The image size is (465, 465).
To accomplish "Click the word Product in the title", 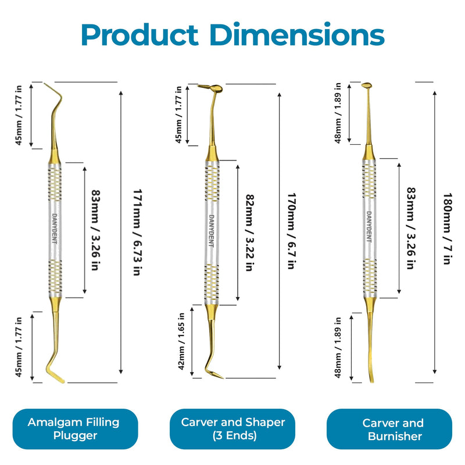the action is pos(139,35).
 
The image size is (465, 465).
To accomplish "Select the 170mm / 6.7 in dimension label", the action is pos(292,231).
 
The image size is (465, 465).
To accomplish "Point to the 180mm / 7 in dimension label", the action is pos(448,228).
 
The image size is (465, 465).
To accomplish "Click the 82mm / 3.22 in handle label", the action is pos(250,233).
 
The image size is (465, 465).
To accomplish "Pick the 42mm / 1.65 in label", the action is pos(181,341).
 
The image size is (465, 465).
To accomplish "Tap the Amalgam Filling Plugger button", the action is pos(75,429).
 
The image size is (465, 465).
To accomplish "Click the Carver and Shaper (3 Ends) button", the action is pos(233,429).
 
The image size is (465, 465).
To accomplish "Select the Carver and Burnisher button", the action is pos(389,429).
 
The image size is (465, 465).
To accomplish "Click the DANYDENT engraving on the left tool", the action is pos(55,228).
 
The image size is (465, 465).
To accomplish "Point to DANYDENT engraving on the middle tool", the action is pos(212,231).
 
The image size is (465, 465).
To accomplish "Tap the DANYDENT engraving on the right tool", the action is pos(369,227).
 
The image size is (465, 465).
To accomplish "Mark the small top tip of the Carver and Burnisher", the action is pos(367,85).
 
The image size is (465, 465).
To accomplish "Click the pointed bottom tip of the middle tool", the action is pos(223,378).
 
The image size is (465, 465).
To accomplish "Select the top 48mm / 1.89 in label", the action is pos(338,113).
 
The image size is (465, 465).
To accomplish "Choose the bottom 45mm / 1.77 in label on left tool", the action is pos(19,347).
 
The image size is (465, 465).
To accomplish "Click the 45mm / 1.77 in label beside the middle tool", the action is pos(178,115).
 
